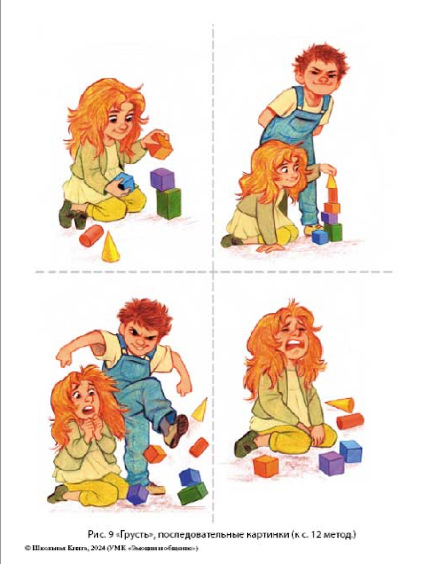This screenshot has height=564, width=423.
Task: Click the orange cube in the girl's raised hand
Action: pos(160,145)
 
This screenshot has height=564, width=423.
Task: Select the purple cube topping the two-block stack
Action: pos(162,179)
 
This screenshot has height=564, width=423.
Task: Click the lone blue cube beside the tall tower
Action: pos(320,237)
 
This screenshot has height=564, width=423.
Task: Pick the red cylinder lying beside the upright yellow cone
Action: pos(92,235)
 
